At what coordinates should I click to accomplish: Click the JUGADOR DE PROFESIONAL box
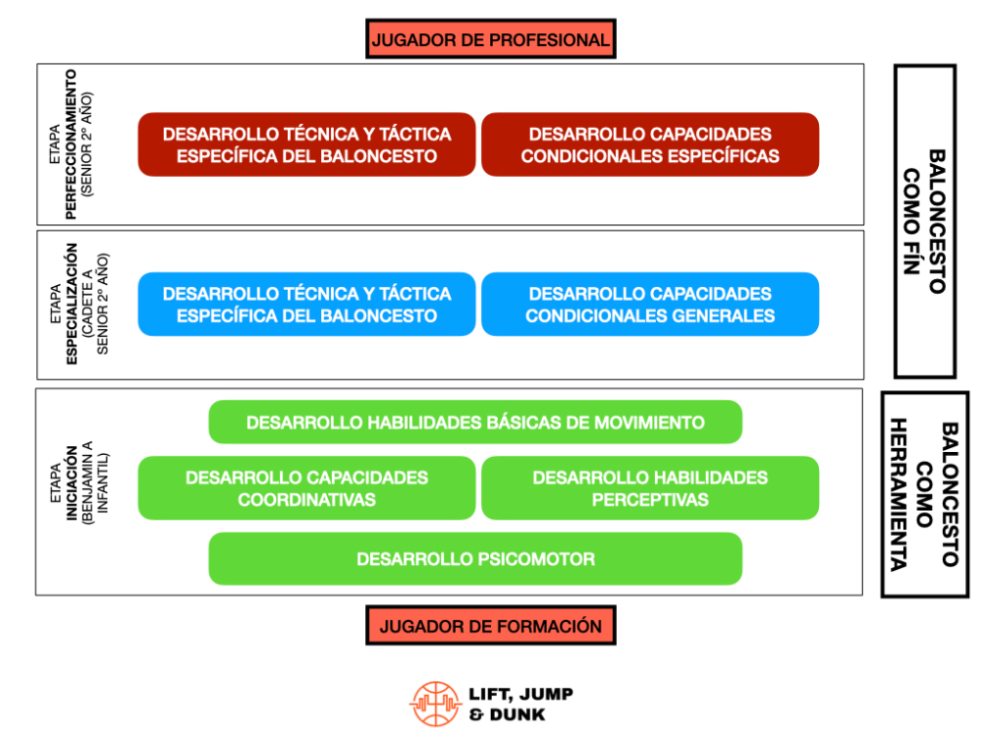point(490,40)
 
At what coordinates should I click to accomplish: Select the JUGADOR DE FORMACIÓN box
point(490,626)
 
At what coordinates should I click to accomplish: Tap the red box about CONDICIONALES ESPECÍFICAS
point(649,144)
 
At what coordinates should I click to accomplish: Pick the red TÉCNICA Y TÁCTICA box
point(306,144)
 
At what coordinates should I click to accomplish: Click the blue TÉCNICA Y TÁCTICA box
point(306,305)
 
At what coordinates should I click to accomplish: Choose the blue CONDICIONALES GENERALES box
point(649,305)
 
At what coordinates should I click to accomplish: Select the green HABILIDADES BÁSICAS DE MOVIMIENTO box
point(475,423)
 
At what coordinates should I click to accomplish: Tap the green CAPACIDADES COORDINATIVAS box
point(306,488)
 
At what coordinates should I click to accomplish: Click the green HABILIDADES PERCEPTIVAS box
point(649,488)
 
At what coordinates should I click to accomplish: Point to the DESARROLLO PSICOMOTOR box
point(475,559)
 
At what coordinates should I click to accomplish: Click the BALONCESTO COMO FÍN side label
point(924,221)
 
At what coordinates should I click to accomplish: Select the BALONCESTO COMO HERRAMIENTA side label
point(924,494)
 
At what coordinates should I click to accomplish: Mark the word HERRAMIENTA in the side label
point(899,494)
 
